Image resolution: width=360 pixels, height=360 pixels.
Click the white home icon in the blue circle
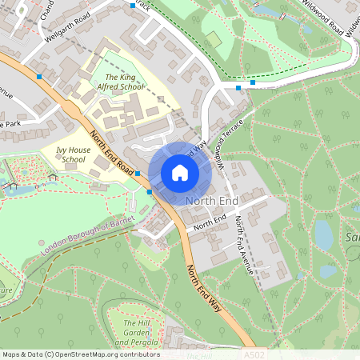click(179, 172)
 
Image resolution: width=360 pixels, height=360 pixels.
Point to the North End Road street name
click(112, 152)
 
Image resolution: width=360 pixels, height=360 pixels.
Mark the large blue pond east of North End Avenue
click(323, 234)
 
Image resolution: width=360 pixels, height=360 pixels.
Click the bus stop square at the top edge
click(133, 6)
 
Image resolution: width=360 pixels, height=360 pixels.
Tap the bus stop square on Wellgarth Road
click(39, 76)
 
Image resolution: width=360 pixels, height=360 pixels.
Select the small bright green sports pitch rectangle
click(212, 39)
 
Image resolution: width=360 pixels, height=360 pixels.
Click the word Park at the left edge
click(10, 124)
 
